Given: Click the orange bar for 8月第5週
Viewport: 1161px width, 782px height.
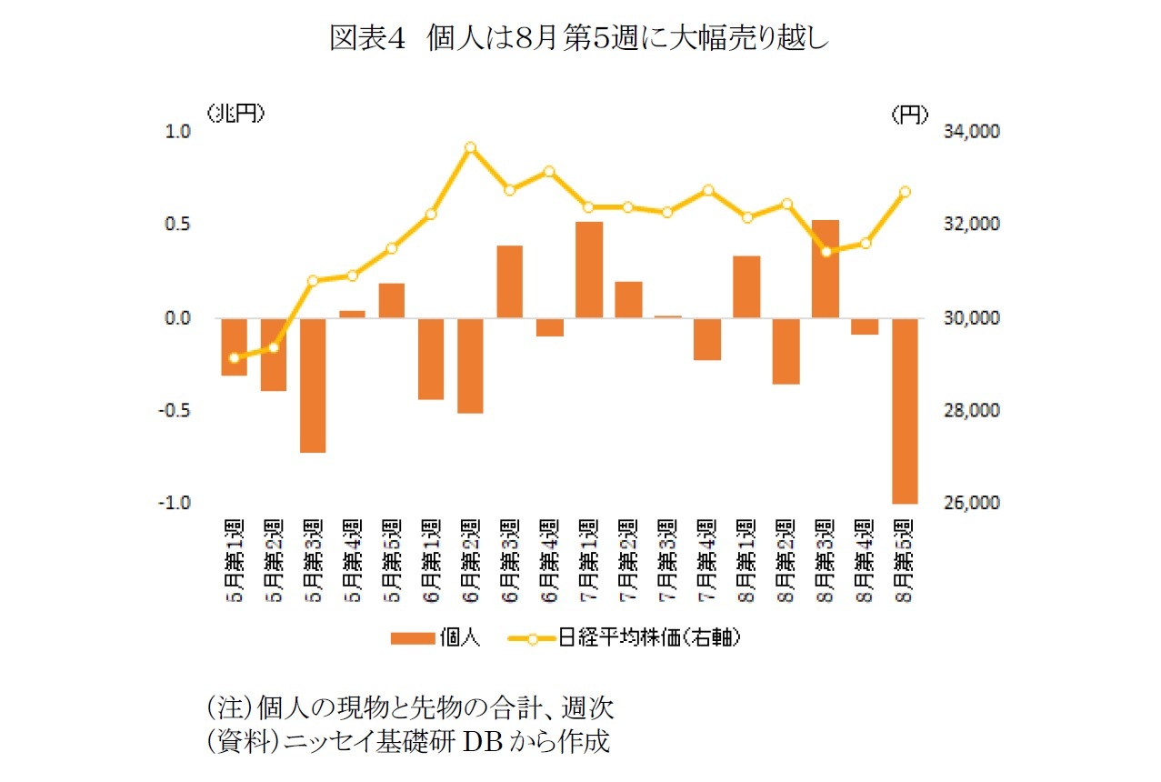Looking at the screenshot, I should (904, 410).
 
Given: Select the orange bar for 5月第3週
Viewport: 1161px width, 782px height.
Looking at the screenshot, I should (313, 385).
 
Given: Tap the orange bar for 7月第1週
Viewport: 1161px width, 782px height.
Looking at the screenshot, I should (588, 269).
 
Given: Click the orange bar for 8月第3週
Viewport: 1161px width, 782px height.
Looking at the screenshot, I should (825, 268).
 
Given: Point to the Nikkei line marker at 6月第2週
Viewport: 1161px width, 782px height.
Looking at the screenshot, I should (470, 147).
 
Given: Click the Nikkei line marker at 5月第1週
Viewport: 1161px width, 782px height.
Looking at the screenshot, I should (235, 357).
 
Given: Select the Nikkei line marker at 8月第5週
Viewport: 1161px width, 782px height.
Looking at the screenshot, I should (904, 192).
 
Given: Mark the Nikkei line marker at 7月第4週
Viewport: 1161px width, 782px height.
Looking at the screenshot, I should (707, 191).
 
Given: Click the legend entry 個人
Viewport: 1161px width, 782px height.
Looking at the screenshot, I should (435, 637).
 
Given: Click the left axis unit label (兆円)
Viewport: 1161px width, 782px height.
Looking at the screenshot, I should (235, 113).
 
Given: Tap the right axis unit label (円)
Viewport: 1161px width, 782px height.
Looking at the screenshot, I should (909, 113).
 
